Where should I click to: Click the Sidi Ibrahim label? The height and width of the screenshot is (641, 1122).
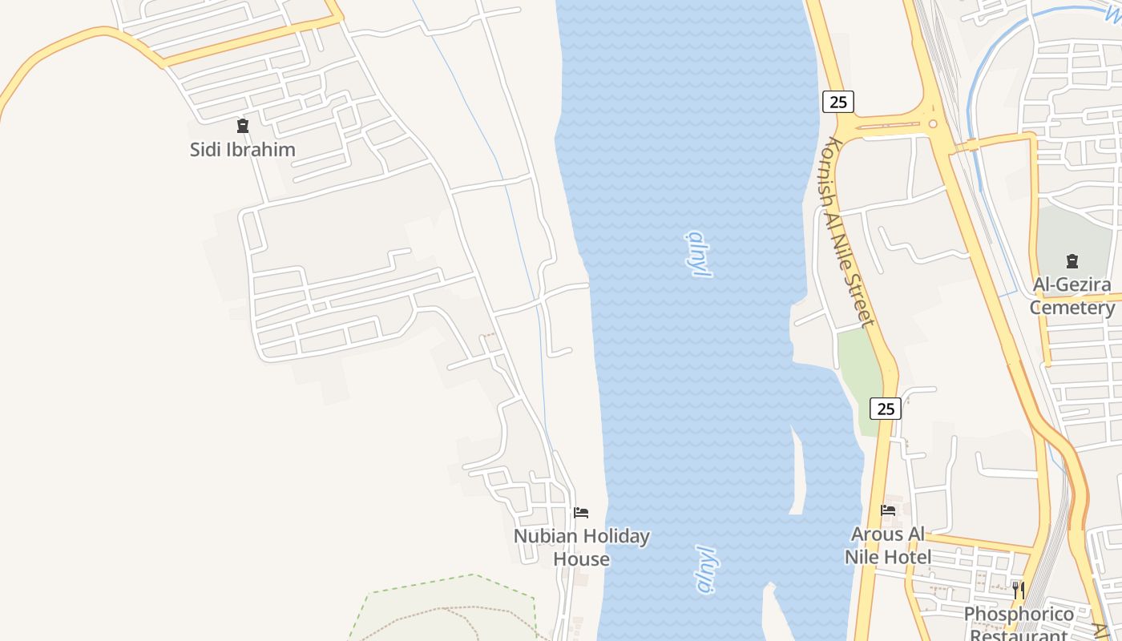tap(242, 149)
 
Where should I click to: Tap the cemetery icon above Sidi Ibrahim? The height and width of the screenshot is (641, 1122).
tap(242, 125)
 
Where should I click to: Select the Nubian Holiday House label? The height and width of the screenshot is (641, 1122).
tap(582, 547)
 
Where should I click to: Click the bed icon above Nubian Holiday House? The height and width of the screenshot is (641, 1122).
tap(581, 512)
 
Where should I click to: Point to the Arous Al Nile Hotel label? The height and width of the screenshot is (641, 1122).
tap(888, 546)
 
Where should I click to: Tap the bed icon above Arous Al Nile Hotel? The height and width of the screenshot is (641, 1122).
tap(888, 510)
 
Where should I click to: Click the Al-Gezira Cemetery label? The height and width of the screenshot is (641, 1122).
tap(1072, 296)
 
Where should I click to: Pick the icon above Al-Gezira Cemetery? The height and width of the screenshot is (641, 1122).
tap(1072, 260)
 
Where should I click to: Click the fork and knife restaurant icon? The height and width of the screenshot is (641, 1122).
tap(1019, 591)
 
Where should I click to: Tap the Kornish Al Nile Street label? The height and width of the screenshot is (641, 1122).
tap(848, 232)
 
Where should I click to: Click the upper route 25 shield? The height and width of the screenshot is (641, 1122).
tap(838, 102)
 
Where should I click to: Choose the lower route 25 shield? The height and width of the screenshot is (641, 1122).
tap(886, 409)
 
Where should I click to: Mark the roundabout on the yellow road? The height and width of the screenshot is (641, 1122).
tap(932, 123)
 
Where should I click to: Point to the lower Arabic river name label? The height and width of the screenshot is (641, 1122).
tap(704, 570)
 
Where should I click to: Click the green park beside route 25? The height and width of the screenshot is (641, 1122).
tap(860, 377)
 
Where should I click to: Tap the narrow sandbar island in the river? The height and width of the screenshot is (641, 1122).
tap(798, 473)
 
